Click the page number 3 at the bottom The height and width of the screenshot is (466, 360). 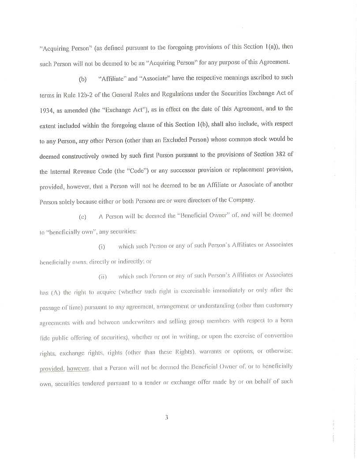tap(167, 418)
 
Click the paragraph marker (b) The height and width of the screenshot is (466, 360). tap(82, 80)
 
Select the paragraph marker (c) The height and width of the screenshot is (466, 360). tap(82, 216)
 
